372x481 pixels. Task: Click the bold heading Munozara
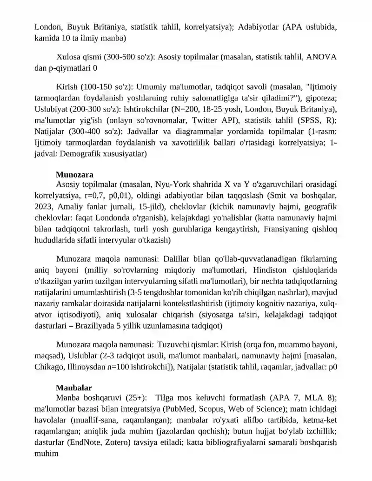click(x=74, y=175)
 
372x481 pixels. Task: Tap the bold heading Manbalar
click(x=73, y=388)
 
